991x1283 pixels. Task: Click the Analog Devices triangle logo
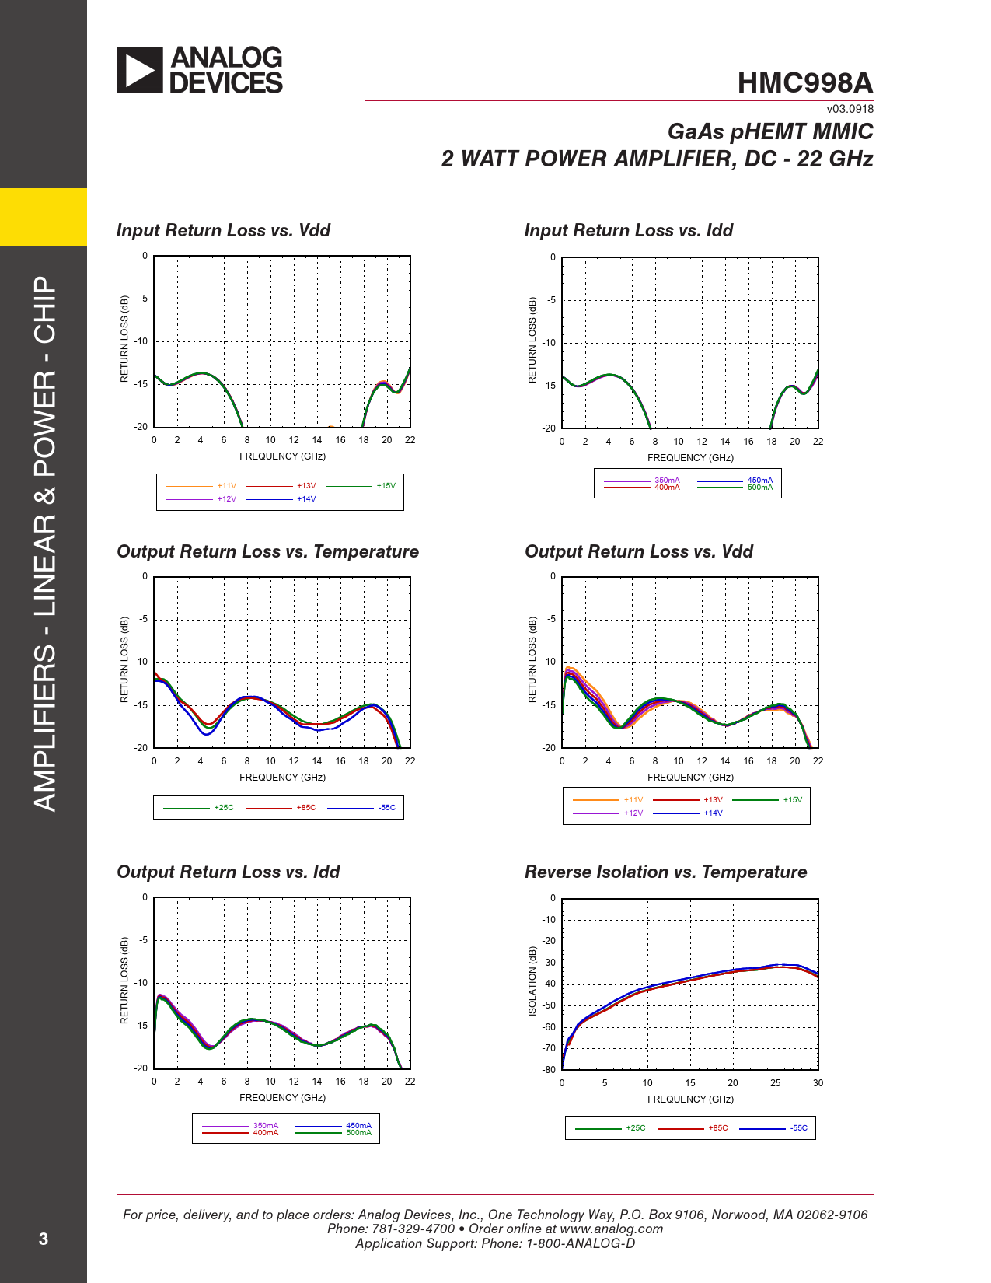click(140, 70)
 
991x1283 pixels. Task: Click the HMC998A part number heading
click(805, 83)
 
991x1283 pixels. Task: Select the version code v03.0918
click(850, 109)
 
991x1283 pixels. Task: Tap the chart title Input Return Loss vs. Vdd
click(223, 230)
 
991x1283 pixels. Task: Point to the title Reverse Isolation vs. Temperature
click(665, 872)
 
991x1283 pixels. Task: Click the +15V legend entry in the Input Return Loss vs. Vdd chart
click(386, 486)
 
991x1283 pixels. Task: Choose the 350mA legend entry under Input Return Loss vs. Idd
click(667, 481)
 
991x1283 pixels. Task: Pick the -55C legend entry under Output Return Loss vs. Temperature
click(387, 808)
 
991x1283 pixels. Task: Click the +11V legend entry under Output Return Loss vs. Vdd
click(633, 800)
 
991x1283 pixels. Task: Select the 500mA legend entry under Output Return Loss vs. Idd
click(358, 1133)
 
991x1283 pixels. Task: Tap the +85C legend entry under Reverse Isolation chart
click(718, 1128)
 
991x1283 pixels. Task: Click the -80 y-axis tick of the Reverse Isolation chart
click(549, 1070)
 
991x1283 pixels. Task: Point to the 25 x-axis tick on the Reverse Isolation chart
click(775, 1083)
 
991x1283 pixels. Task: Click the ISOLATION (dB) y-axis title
click(532, 981)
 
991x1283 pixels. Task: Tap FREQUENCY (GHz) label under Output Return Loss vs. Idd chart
click(282, 1098)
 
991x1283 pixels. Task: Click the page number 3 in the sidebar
click(44, 1239)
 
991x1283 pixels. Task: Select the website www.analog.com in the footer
click(611, 1229)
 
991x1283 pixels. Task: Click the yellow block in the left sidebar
click(44, 217)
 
